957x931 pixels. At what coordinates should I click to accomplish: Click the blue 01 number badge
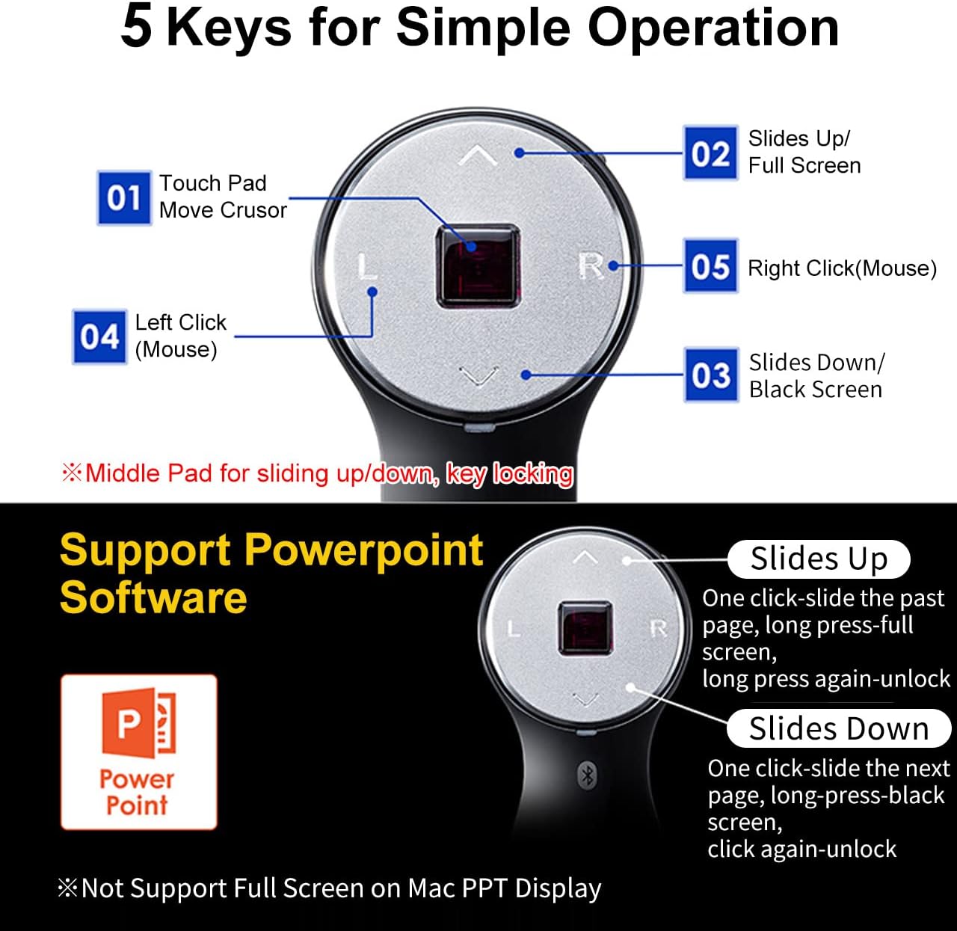[124, 198]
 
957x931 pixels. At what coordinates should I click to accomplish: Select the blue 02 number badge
[710, 153]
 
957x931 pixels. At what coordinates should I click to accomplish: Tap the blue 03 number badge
[711, 375]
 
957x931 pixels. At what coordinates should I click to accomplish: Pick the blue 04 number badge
[99, 337]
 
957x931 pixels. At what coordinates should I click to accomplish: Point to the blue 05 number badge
[710, 266]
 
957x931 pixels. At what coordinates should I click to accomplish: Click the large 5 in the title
[137, 27]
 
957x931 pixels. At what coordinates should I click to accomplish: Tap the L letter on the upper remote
[366, 266]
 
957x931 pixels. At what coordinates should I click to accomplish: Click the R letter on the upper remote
[591, 265]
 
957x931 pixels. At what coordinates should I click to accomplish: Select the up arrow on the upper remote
[477, 156]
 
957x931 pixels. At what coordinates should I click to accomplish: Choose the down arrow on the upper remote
[478, 375]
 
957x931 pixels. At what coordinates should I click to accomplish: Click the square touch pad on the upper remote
[477, 265]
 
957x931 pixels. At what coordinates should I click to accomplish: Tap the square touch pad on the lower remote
[585, 627]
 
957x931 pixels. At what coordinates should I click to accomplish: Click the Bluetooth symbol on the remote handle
[587, 775]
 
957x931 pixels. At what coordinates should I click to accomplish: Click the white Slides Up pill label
[819, 559]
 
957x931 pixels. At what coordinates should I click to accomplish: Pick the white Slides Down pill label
[838, 728]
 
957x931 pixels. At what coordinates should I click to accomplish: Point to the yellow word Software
[153, 597]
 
